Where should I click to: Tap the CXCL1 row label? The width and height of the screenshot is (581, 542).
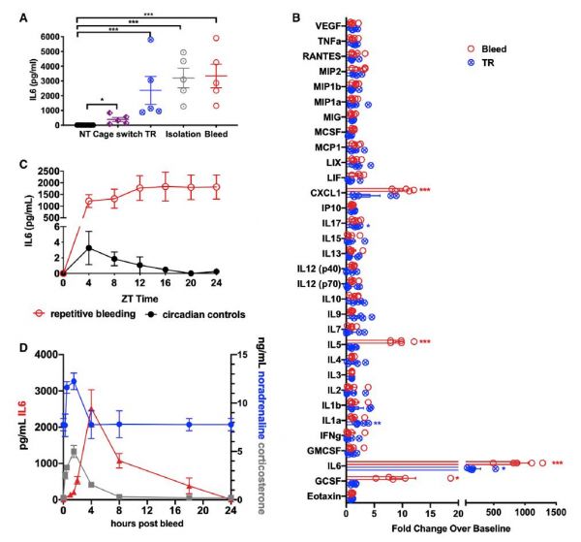point(324,191)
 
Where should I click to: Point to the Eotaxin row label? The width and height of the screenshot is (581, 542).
point(322,496)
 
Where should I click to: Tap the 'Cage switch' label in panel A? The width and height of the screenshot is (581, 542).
point(108,134)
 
